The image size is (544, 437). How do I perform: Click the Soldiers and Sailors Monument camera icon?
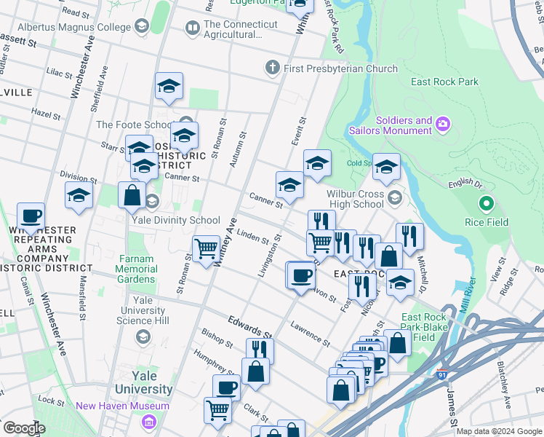pos(443,125)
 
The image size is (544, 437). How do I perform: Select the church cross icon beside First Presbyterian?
pos(273,68)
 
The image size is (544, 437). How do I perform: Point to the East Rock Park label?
pos(444,82)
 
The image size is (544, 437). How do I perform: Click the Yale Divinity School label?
pos(175,220)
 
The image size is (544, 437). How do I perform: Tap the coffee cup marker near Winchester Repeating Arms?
pos(31,216)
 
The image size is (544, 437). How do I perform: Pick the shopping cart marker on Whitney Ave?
pos(207,249)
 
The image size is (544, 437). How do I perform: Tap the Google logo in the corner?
pos(24,428)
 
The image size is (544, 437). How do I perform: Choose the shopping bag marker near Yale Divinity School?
pos(132,195)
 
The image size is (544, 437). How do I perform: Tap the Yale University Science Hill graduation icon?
pos(143,336)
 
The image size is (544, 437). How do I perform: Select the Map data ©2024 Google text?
pos(498,431)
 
